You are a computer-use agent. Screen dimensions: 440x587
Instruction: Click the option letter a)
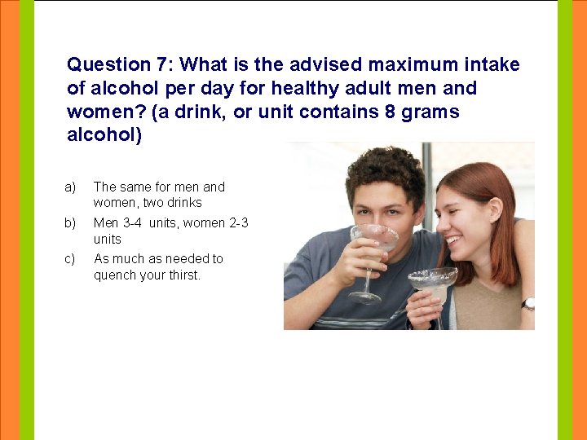click(70, 187)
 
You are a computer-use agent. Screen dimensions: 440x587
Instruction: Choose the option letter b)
click(70, 222)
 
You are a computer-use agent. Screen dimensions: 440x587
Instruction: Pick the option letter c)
click(70, 258)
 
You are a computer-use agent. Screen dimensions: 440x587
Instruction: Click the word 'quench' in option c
click(113, 275)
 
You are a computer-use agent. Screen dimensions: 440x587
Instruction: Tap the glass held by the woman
click(432, 282)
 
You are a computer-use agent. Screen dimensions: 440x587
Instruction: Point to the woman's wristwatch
click(529, 303)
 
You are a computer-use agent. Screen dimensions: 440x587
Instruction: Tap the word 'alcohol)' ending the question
click(104, 135)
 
